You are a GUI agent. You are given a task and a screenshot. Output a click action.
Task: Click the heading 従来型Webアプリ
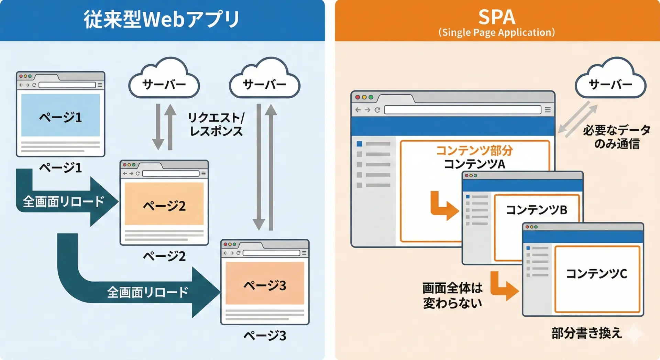(162, 19)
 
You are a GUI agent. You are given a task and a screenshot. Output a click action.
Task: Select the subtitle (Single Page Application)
(497, 32)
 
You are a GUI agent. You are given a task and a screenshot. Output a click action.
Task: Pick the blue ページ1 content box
(60, 116)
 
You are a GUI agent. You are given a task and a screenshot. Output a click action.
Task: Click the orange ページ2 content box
(164, 204)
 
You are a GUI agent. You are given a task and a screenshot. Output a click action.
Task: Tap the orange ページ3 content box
(265, 283)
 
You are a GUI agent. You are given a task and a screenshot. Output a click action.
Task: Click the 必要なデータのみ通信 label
(617, 137)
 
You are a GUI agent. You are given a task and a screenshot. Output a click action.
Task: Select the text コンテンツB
(536, 210)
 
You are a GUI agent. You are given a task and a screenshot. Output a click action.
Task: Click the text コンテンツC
(596, 274)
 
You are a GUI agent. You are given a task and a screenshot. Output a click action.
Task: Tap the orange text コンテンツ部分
(474, 150)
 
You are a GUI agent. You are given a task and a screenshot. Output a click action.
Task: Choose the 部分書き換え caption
(586, 333)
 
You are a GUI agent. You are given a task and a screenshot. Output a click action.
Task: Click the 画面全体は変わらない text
(452, 296)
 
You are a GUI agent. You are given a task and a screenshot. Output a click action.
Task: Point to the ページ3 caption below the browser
(265, 336)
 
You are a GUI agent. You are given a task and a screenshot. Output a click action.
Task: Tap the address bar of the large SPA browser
(462, 110)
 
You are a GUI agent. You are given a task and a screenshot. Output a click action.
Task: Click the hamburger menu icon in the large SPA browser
(548, 110)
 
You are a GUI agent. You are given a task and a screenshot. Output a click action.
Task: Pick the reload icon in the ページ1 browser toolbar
(34, 85)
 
